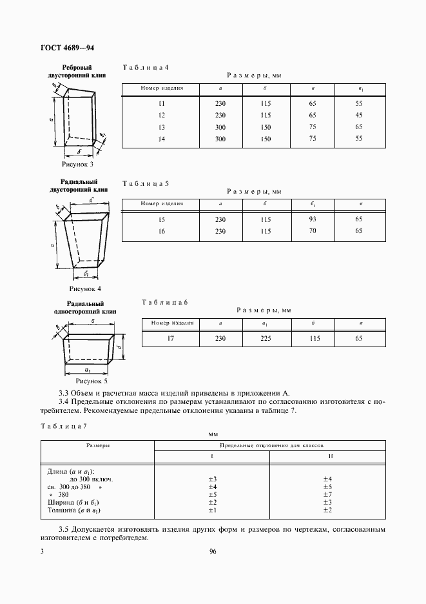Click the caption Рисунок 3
pyautogui.click(x=77, y=164)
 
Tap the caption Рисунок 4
pyautogui.click(x=85, y=288)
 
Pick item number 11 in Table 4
pyautogui.click(x=161, y=104)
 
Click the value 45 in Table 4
pyautogui.click(x=359, y=116)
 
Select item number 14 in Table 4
pyautogui.click(x=161, y=138)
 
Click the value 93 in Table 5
pyautogui.click(x=313, y=219)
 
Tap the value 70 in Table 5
pyautogui.click(x=313, y=230)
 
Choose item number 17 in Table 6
pyautogui.click(x=171, y=337)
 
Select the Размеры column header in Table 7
pyautogui.click(x=98, y=445)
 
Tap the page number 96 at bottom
pyautogui.click(x=213, y=551)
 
